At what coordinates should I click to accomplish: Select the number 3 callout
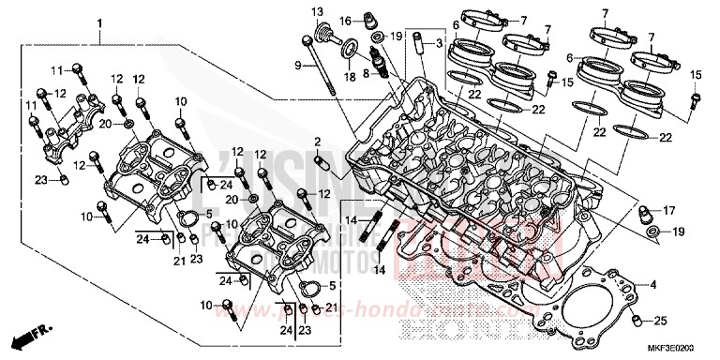(438, 43)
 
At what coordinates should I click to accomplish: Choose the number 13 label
(316, 11)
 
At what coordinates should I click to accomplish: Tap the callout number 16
(344, 20)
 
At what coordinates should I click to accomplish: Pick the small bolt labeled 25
(637, 322)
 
